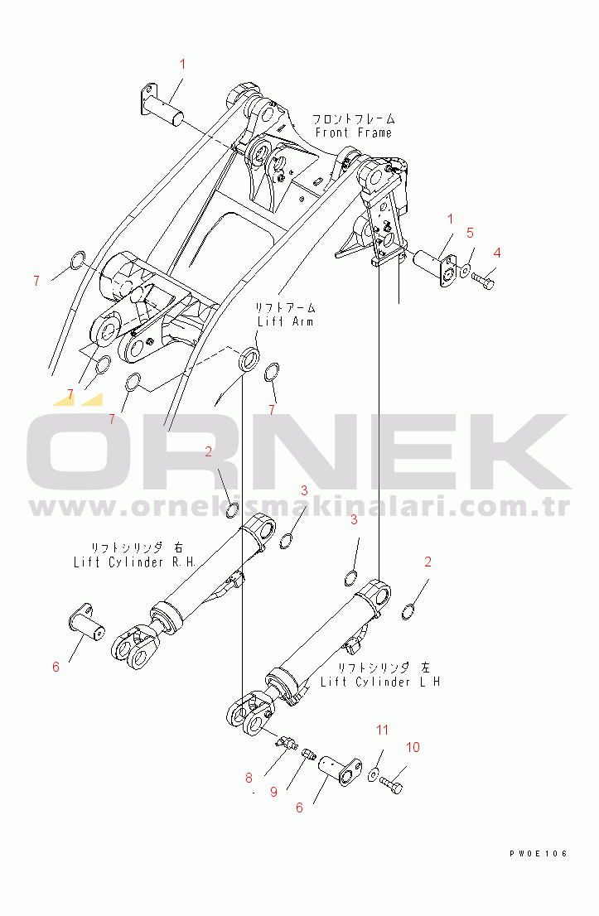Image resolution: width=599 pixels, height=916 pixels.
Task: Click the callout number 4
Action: [497, 252]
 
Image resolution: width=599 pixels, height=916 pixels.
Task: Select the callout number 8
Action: [248, 778]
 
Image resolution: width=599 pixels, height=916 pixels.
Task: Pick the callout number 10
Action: [413, 747]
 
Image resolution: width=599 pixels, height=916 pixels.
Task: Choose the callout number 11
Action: [382, 730]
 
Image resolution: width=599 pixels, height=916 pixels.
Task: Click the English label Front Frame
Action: [354, 133]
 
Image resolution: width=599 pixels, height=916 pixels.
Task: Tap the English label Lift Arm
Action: [284, 321]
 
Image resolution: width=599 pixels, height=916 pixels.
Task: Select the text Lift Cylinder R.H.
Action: [133, 562]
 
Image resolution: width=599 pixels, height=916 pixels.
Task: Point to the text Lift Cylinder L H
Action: [380, 682]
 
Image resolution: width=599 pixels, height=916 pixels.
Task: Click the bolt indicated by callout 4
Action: [484, 282]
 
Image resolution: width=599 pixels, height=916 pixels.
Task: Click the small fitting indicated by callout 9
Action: [309, 754]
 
